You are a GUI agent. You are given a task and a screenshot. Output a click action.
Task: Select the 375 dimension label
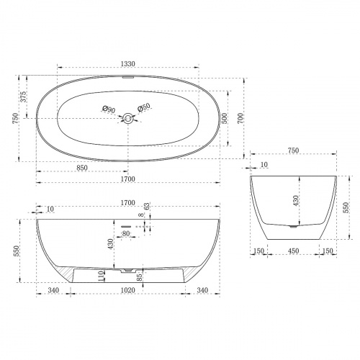(24, 97)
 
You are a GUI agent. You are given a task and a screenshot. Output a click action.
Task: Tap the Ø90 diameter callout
(108, 109)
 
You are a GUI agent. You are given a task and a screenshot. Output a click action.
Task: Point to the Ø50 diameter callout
(144, 109)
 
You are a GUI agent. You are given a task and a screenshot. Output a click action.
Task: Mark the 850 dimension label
(82, 168)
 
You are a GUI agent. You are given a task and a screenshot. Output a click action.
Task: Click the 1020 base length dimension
(128, 291)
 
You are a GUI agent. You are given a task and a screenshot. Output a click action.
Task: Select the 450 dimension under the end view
(294, 251)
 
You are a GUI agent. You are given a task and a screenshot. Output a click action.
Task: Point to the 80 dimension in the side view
(125, 233)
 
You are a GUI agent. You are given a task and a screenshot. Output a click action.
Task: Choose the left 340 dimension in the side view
(54, 291)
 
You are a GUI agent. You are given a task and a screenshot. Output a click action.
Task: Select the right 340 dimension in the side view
(203, 291)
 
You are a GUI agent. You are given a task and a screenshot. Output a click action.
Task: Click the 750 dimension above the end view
(294, 150)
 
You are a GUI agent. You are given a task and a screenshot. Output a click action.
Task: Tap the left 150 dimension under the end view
(258, 251)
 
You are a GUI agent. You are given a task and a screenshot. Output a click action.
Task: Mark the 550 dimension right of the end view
(346, 208)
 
